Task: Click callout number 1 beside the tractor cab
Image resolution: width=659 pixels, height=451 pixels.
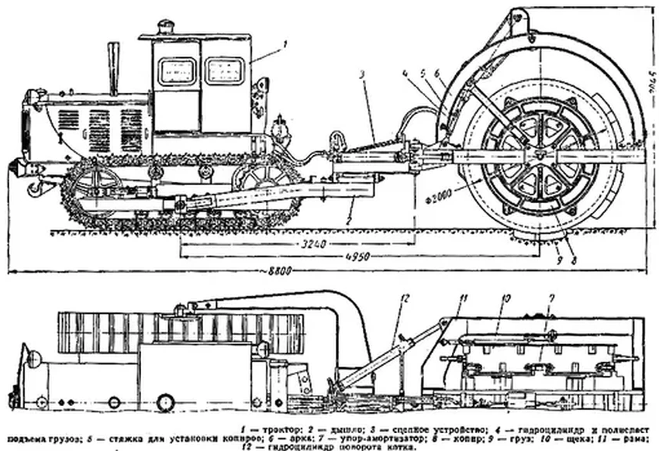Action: click(x=285, y=46)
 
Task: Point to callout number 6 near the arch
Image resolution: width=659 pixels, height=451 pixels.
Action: click(x=438, y=74)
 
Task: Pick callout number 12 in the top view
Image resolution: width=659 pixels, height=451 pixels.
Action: click(x=403, y=298)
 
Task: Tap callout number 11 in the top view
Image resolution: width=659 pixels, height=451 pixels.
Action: click(x=463, y=298)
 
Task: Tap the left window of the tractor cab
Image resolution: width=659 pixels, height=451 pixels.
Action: click(x=177, y=72)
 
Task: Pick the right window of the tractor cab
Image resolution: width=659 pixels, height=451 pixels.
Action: click(x=225, y=71)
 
